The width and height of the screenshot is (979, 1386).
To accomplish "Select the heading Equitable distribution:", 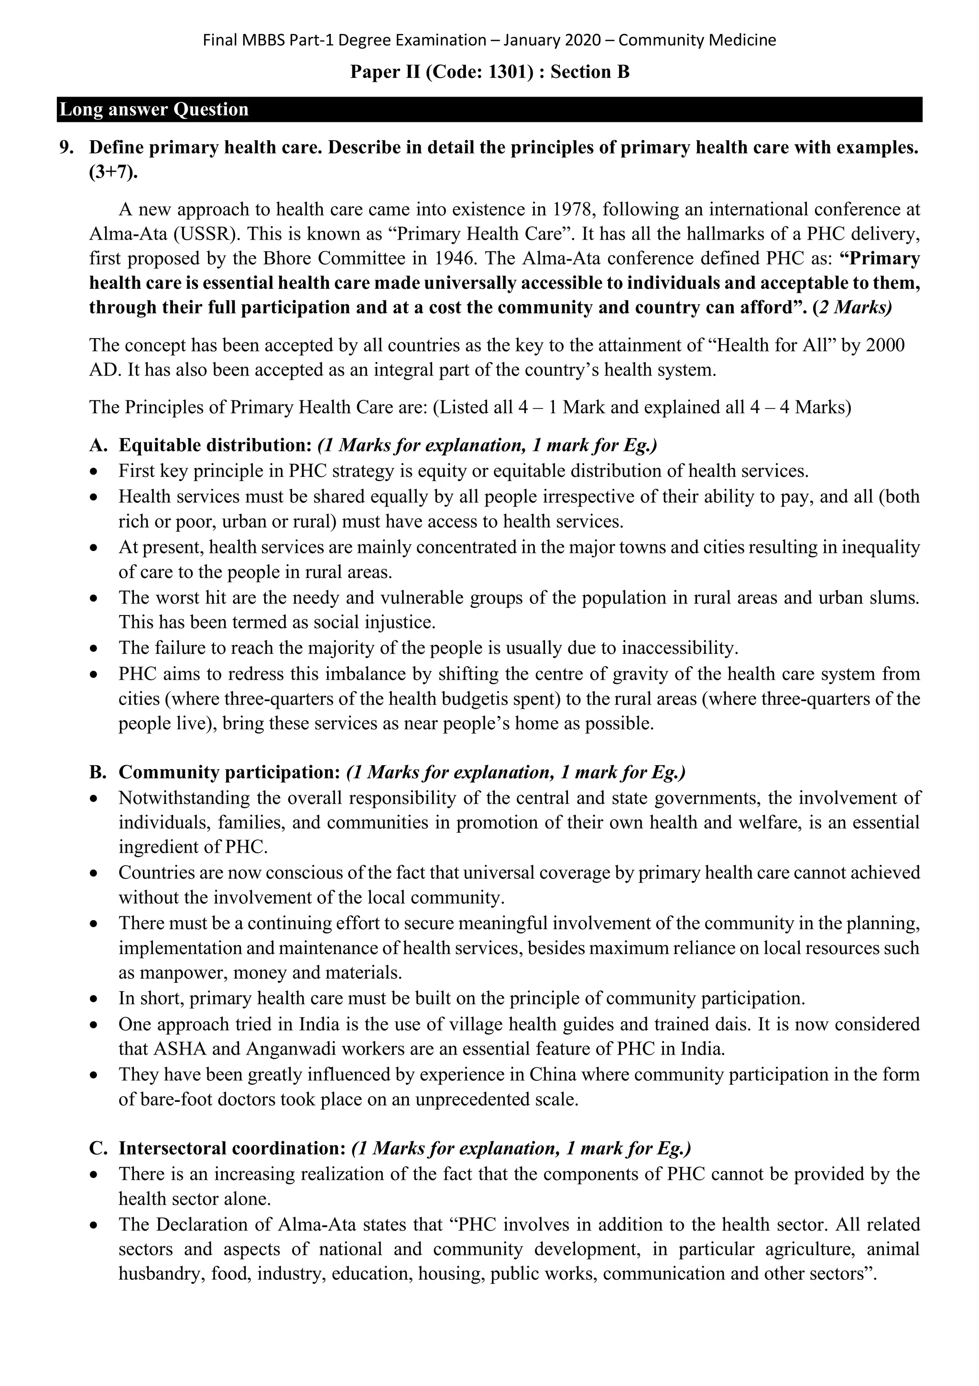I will pos(215,446).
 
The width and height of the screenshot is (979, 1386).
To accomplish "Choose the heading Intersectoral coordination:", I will pos(232,1148).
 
